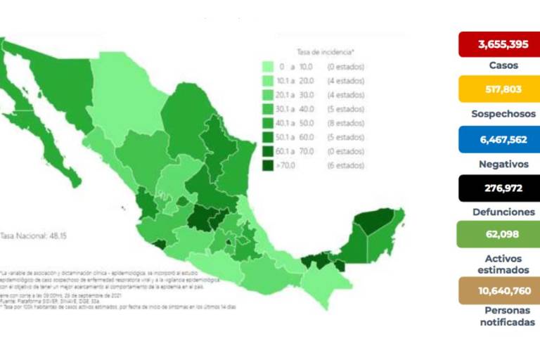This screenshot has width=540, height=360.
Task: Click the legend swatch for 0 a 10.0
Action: pyautogui.click(x=268, y=67)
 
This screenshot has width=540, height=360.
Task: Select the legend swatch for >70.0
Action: pyautogui.click(x=268, y=165)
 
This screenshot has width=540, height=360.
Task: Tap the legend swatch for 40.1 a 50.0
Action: pyautogui.click(x=268, y=123)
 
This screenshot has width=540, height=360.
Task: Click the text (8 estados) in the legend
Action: pyautogui.click(x=346, y=123)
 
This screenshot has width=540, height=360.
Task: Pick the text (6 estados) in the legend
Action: pyautogui.click(x=346, y=165)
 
